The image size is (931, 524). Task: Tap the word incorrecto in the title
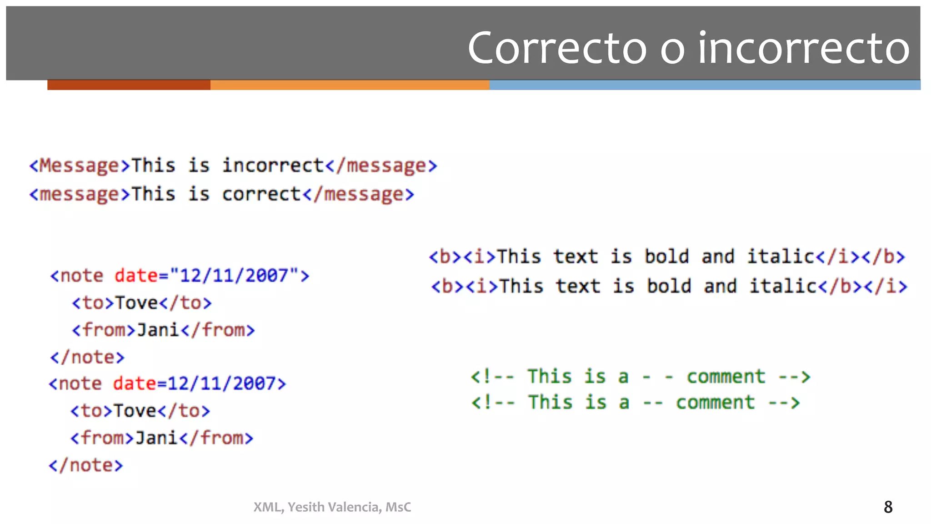[804, 48]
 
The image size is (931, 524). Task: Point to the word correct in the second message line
[261, 195]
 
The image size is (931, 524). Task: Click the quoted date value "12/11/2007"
[235, 276]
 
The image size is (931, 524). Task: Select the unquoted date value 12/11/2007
[222, 384]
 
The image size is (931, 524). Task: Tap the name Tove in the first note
[136, 303]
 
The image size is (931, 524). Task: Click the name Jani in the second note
[156, 438]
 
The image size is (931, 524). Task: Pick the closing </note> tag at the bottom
[86, 465]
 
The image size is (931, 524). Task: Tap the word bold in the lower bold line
[669, 287]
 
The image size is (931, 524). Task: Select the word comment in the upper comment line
[726, 377]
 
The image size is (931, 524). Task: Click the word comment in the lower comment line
[715, 403]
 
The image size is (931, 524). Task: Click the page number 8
[888, 507]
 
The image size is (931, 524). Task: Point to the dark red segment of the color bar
[129, 85]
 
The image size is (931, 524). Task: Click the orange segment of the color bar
[350, 85]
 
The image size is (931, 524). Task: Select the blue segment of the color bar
[705, 85]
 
